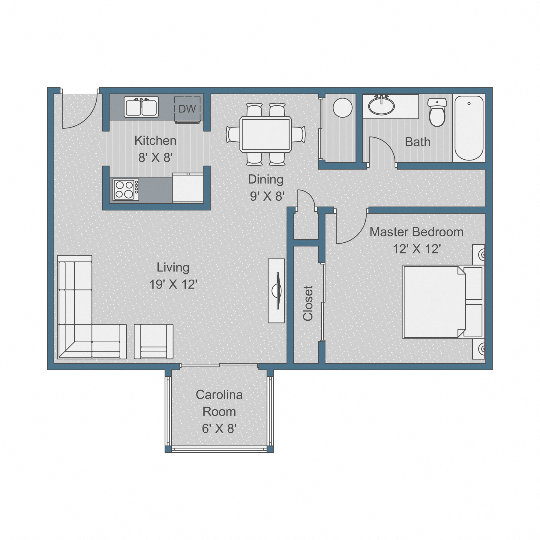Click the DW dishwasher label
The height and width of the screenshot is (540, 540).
pyautogui.click(x=187, y=109)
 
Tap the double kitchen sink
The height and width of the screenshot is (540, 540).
pyautogui.click(x=141, y=107)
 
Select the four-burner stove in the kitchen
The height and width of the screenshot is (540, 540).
pyautogui.click(x=126, y=189)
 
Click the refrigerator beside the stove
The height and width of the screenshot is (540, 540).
pyautogui.click(x=188, y=188)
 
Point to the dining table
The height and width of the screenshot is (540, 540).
pyautogui.click(x=265, y=134)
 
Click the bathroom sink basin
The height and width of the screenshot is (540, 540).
pyautogui.click(x=381, y=106)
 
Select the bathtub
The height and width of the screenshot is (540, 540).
pyautogui.click(x=469, y=128)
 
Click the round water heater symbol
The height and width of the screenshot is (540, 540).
pyautogui.click(x=343, y=108)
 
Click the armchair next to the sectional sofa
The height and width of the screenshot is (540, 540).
pyautogui.click(x=154, y=341)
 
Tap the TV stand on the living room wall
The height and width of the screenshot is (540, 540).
pyautogui.click(x=277, y=291)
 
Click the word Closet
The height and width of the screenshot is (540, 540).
pyautogui.click(x=308, y=303)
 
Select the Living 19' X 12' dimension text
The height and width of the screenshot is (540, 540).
pyautogui.click(x=173, y=284)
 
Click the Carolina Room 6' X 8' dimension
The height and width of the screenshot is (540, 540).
pyautogui.click(x=219, y=429)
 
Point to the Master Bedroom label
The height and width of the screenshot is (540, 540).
pyautogui.click(x=416, y=232)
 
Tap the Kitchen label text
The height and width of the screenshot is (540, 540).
pyautogui.click(x=155, y=140)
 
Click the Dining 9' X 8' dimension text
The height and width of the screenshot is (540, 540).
pyautogui.click(x=267, y=196)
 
